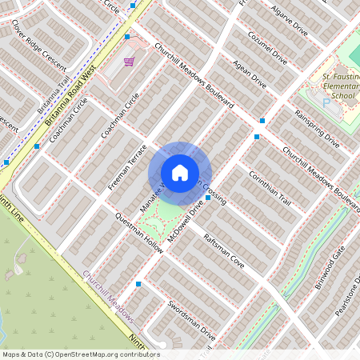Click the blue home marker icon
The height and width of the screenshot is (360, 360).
pyautogui.click(x=180, y=172)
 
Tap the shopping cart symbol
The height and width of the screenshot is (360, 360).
pyautogui.click(x=128, y=61)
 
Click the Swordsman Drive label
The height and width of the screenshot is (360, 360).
pyautogui.click(x=192, y=319)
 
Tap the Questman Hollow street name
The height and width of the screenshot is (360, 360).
pyautogui.click(x=139, y=234)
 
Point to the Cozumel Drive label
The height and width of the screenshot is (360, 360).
pyautogui.click(x=267, y=48)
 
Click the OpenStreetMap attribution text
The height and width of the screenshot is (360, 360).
pyautogui.click(x=80, y=354)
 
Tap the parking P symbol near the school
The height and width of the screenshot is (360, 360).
pyautogui.click(x=325, y=102)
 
